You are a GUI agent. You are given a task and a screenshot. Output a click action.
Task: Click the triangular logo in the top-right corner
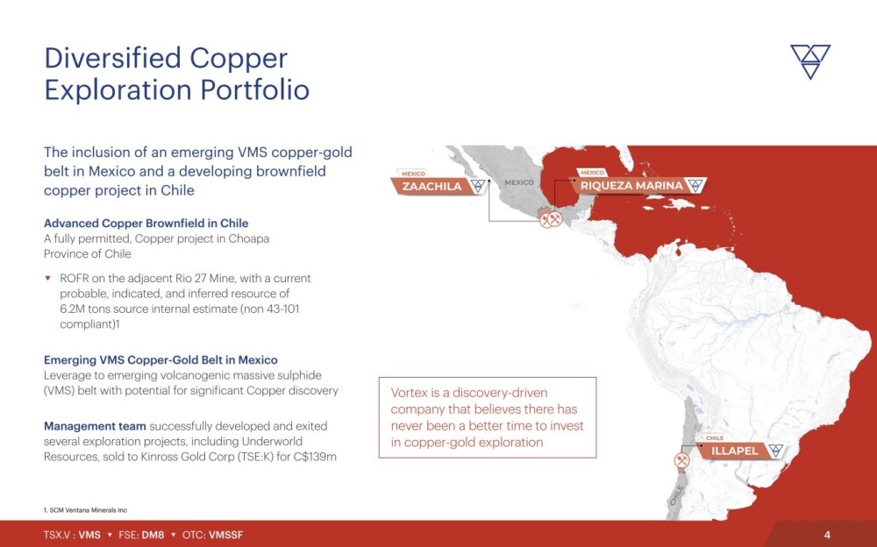[809, 61]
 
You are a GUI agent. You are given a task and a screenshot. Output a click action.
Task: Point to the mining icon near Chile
[681, 461]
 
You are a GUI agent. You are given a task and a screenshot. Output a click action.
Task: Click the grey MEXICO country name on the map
[519, 182]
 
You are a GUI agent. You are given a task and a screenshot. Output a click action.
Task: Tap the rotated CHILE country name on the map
[676, 495]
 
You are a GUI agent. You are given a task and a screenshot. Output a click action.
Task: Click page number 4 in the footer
[827, 535]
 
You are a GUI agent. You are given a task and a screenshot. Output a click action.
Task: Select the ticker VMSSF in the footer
[226, 535]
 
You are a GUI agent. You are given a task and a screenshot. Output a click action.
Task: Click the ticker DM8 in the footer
[153, 535]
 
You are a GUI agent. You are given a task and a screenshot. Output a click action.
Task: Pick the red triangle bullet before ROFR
[48, 278]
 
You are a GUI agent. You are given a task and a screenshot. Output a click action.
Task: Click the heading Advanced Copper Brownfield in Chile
[146, 224]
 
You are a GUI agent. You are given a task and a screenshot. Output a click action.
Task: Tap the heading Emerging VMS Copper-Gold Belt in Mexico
[160, 359]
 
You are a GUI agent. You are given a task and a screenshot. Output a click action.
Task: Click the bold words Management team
[95, 426]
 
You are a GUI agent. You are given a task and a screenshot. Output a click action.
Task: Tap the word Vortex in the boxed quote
[409, 393]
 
